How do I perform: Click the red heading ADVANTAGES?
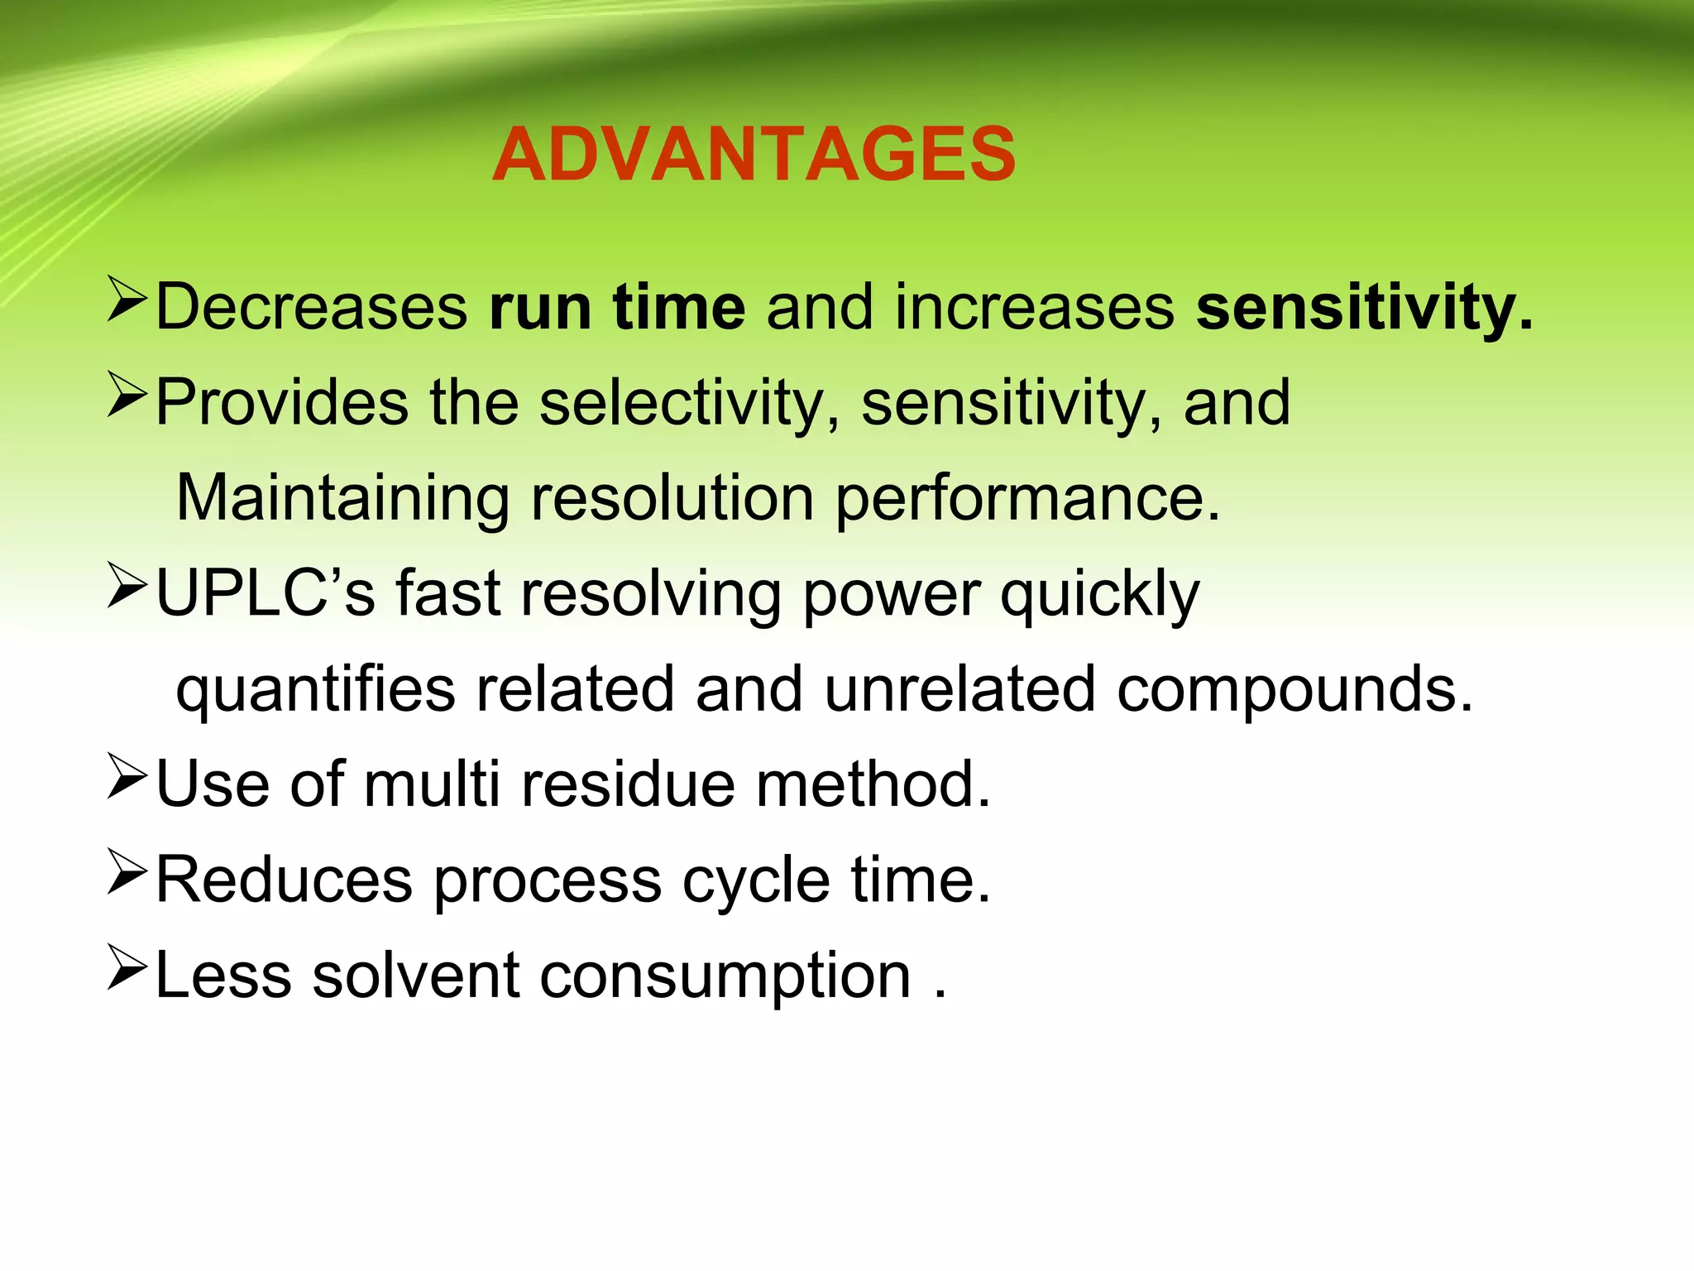pos(754,155)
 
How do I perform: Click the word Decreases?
pos(312,308)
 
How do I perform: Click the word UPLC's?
pos(265,593)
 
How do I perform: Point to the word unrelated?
pos(959,689)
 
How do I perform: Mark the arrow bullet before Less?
pos(127,969)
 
